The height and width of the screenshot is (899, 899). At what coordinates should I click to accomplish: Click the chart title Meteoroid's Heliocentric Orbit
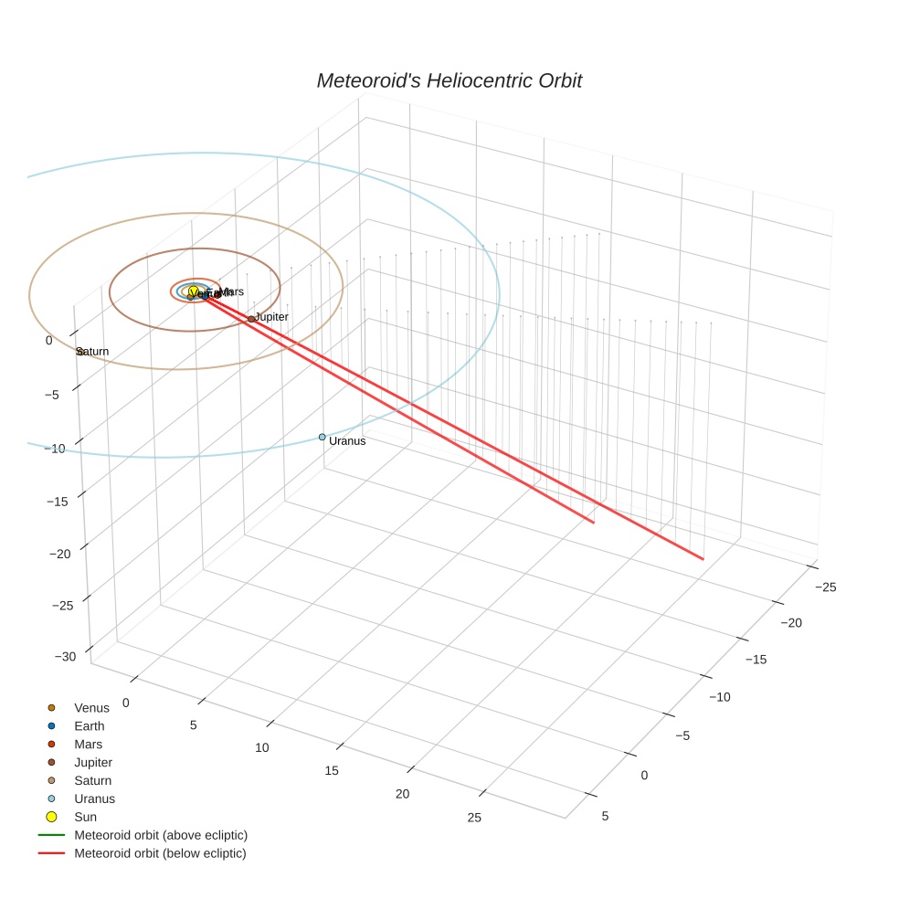click(449, 81)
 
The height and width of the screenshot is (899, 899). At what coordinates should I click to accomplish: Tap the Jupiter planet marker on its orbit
click(251, 319)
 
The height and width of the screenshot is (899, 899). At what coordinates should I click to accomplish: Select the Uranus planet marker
click(322, 437)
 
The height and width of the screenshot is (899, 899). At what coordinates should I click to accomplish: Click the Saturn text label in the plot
click(93, 352)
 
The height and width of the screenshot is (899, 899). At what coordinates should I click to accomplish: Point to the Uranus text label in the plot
click(347, 441)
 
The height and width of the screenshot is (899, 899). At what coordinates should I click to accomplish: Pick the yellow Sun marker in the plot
click(194, 291)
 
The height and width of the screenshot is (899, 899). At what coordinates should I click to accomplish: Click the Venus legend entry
click(91, 708)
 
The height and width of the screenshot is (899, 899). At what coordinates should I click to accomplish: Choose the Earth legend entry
click(89, 726)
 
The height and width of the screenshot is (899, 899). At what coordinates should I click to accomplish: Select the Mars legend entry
click(88, 745)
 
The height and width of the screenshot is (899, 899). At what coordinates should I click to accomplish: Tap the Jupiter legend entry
click(93, 762)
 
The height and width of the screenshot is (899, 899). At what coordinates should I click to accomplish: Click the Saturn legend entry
click(92, 780)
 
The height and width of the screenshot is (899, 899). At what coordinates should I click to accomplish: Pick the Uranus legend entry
click(94, 799)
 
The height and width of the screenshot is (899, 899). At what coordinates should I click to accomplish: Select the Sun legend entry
click(85, 817)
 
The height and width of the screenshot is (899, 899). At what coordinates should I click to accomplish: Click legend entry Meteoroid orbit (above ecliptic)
click(161, 835)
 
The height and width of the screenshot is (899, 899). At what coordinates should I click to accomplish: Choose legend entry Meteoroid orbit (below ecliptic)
click(160, 853)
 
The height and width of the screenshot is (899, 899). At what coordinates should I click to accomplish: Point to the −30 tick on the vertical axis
click(64, 657)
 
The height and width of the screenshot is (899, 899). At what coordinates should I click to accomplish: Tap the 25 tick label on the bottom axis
click(474, 818)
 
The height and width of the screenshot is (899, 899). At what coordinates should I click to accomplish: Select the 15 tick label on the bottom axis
click(332, 770)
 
